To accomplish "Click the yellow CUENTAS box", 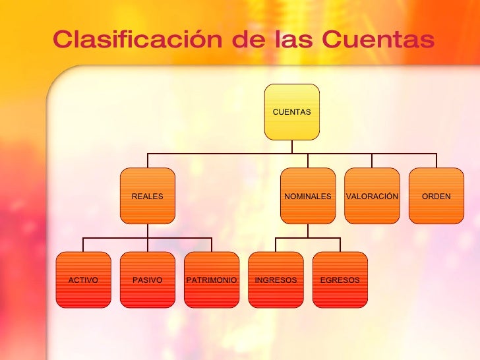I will pos(291,112).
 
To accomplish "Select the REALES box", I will pos(147,196).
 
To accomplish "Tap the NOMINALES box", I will pos(307,196).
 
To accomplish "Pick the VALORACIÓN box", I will pos(372,196).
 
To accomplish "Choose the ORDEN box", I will pos(436,196).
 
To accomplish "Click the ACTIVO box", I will pos(83,280).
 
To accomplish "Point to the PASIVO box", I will pos(147,280).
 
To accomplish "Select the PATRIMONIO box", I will pos(212,280).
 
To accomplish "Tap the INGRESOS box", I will pos(276,280).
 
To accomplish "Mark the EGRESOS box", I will pos(340,280).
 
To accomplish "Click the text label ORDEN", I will pos(436,196).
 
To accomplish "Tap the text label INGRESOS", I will pos(276,280).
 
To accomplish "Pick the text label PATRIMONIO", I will pos(212,280).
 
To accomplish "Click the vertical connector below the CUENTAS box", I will pos(291,146).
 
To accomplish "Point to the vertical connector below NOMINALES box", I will pos(307,231).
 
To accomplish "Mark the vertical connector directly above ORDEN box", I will pos(436,161).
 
